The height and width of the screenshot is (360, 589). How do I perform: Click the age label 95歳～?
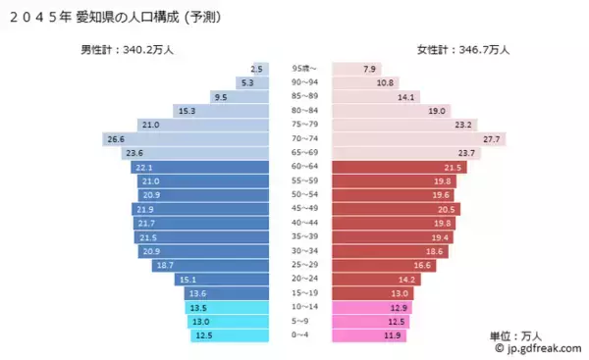point(301,69)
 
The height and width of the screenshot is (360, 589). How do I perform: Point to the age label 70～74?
point(301,139)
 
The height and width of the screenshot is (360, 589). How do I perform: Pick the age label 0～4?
point(301,335)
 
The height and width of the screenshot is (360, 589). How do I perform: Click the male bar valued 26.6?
point(187,139)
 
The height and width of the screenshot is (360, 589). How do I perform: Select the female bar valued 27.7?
point(417,139)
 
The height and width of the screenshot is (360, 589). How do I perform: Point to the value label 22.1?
point(144,168)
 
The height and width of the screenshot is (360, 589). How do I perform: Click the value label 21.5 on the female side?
point(454,168)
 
